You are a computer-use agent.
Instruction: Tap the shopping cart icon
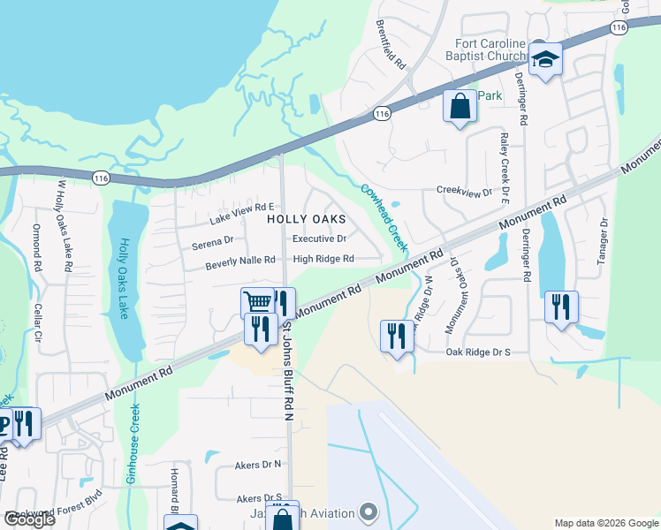(257, 303)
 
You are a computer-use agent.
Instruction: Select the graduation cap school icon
(545, 60)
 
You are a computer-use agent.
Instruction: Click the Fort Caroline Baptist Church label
(490, 50)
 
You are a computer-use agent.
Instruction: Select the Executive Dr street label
(319, 238)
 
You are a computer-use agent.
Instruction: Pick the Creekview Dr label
(464, 192)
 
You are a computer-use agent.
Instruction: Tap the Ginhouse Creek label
(133, 454)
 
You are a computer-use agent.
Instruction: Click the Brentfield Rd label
(390, 45)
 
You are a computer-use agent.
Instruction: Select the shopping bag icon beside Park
(460, 107)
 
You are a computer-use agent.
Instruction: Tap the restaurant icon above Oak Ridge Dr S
(397, 336)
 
